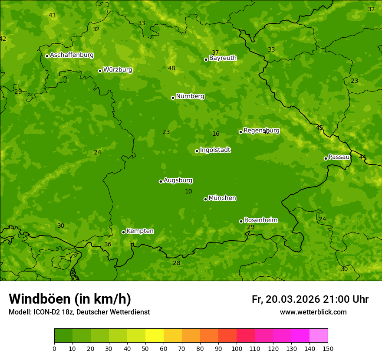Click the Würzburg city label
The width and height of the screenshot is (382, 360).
pyautogui.click(x=118, y=70)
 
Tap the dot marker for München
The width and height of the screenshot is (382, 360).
pyautogui.click(x=205, y=199)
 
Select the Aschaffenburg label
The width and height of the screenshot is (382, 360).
pyautogui.click(x=72, y=55)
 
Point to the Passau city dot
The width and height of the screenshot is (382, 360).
pyautogui.click(x=326, y=158)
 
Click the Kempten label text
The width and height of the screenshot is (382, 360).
pyautogui.click(x=140, y=231)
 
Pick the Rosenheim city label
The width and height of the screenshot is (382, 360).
pyautogui.click(x=260, y=220)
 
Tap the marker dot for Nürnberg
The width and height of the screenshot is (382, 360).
pyautogui.click(x=173, y=98)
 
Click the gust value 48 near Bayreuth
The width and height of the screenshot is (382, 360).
pyautogui.click(x=171, y=68)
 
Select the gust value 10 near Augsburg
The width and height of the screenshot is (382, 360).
pyautogui.click(x=188, y=191)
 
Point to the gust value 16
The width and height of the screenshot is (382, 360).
pyautogui.click(x=216, y=134)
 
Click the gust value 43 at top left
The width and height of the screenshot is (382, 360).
pyautogui.click(x=52, y=15)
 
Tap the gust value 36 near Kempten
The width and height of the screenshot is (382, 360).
pyautogui.click(x=108, y=244)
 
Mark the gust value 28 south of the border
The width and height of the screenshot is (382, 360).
pyautogui.click(x=176, y=263)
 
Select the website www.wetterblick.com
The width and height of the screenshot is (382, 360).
pyautogui.click(x=313, y=312)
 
